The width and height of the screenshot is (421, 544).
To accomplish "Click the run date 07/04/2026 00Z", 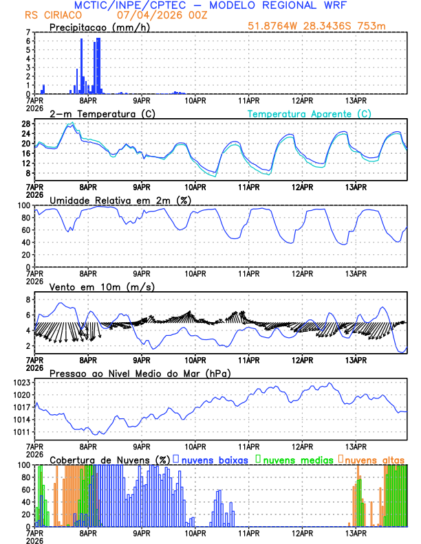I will [148, 14].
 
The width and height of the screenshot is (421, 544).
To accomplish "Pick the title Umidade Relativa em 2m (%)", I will [120, 200].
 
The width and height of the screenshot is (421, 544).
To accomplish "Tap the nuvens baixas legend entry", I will [215, 460].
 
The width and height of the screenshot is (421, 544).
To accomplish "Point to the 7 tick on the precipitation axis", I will [28, 33].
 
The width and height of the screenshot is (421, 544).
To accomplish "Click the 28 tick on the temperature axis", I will [26, 124].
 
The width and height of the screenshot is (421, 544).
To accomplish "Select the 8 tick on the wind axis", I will [28, 300].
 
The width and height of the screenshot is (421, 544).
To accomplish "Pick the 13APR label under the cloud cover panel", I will [356, 533].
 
